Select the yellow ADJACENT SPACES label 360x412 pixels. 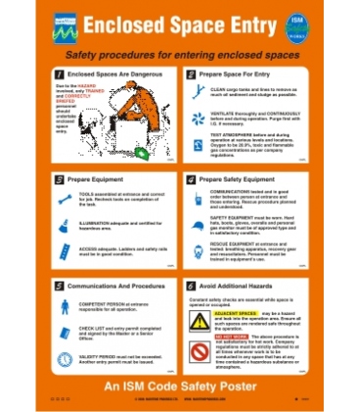(232, 313)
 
